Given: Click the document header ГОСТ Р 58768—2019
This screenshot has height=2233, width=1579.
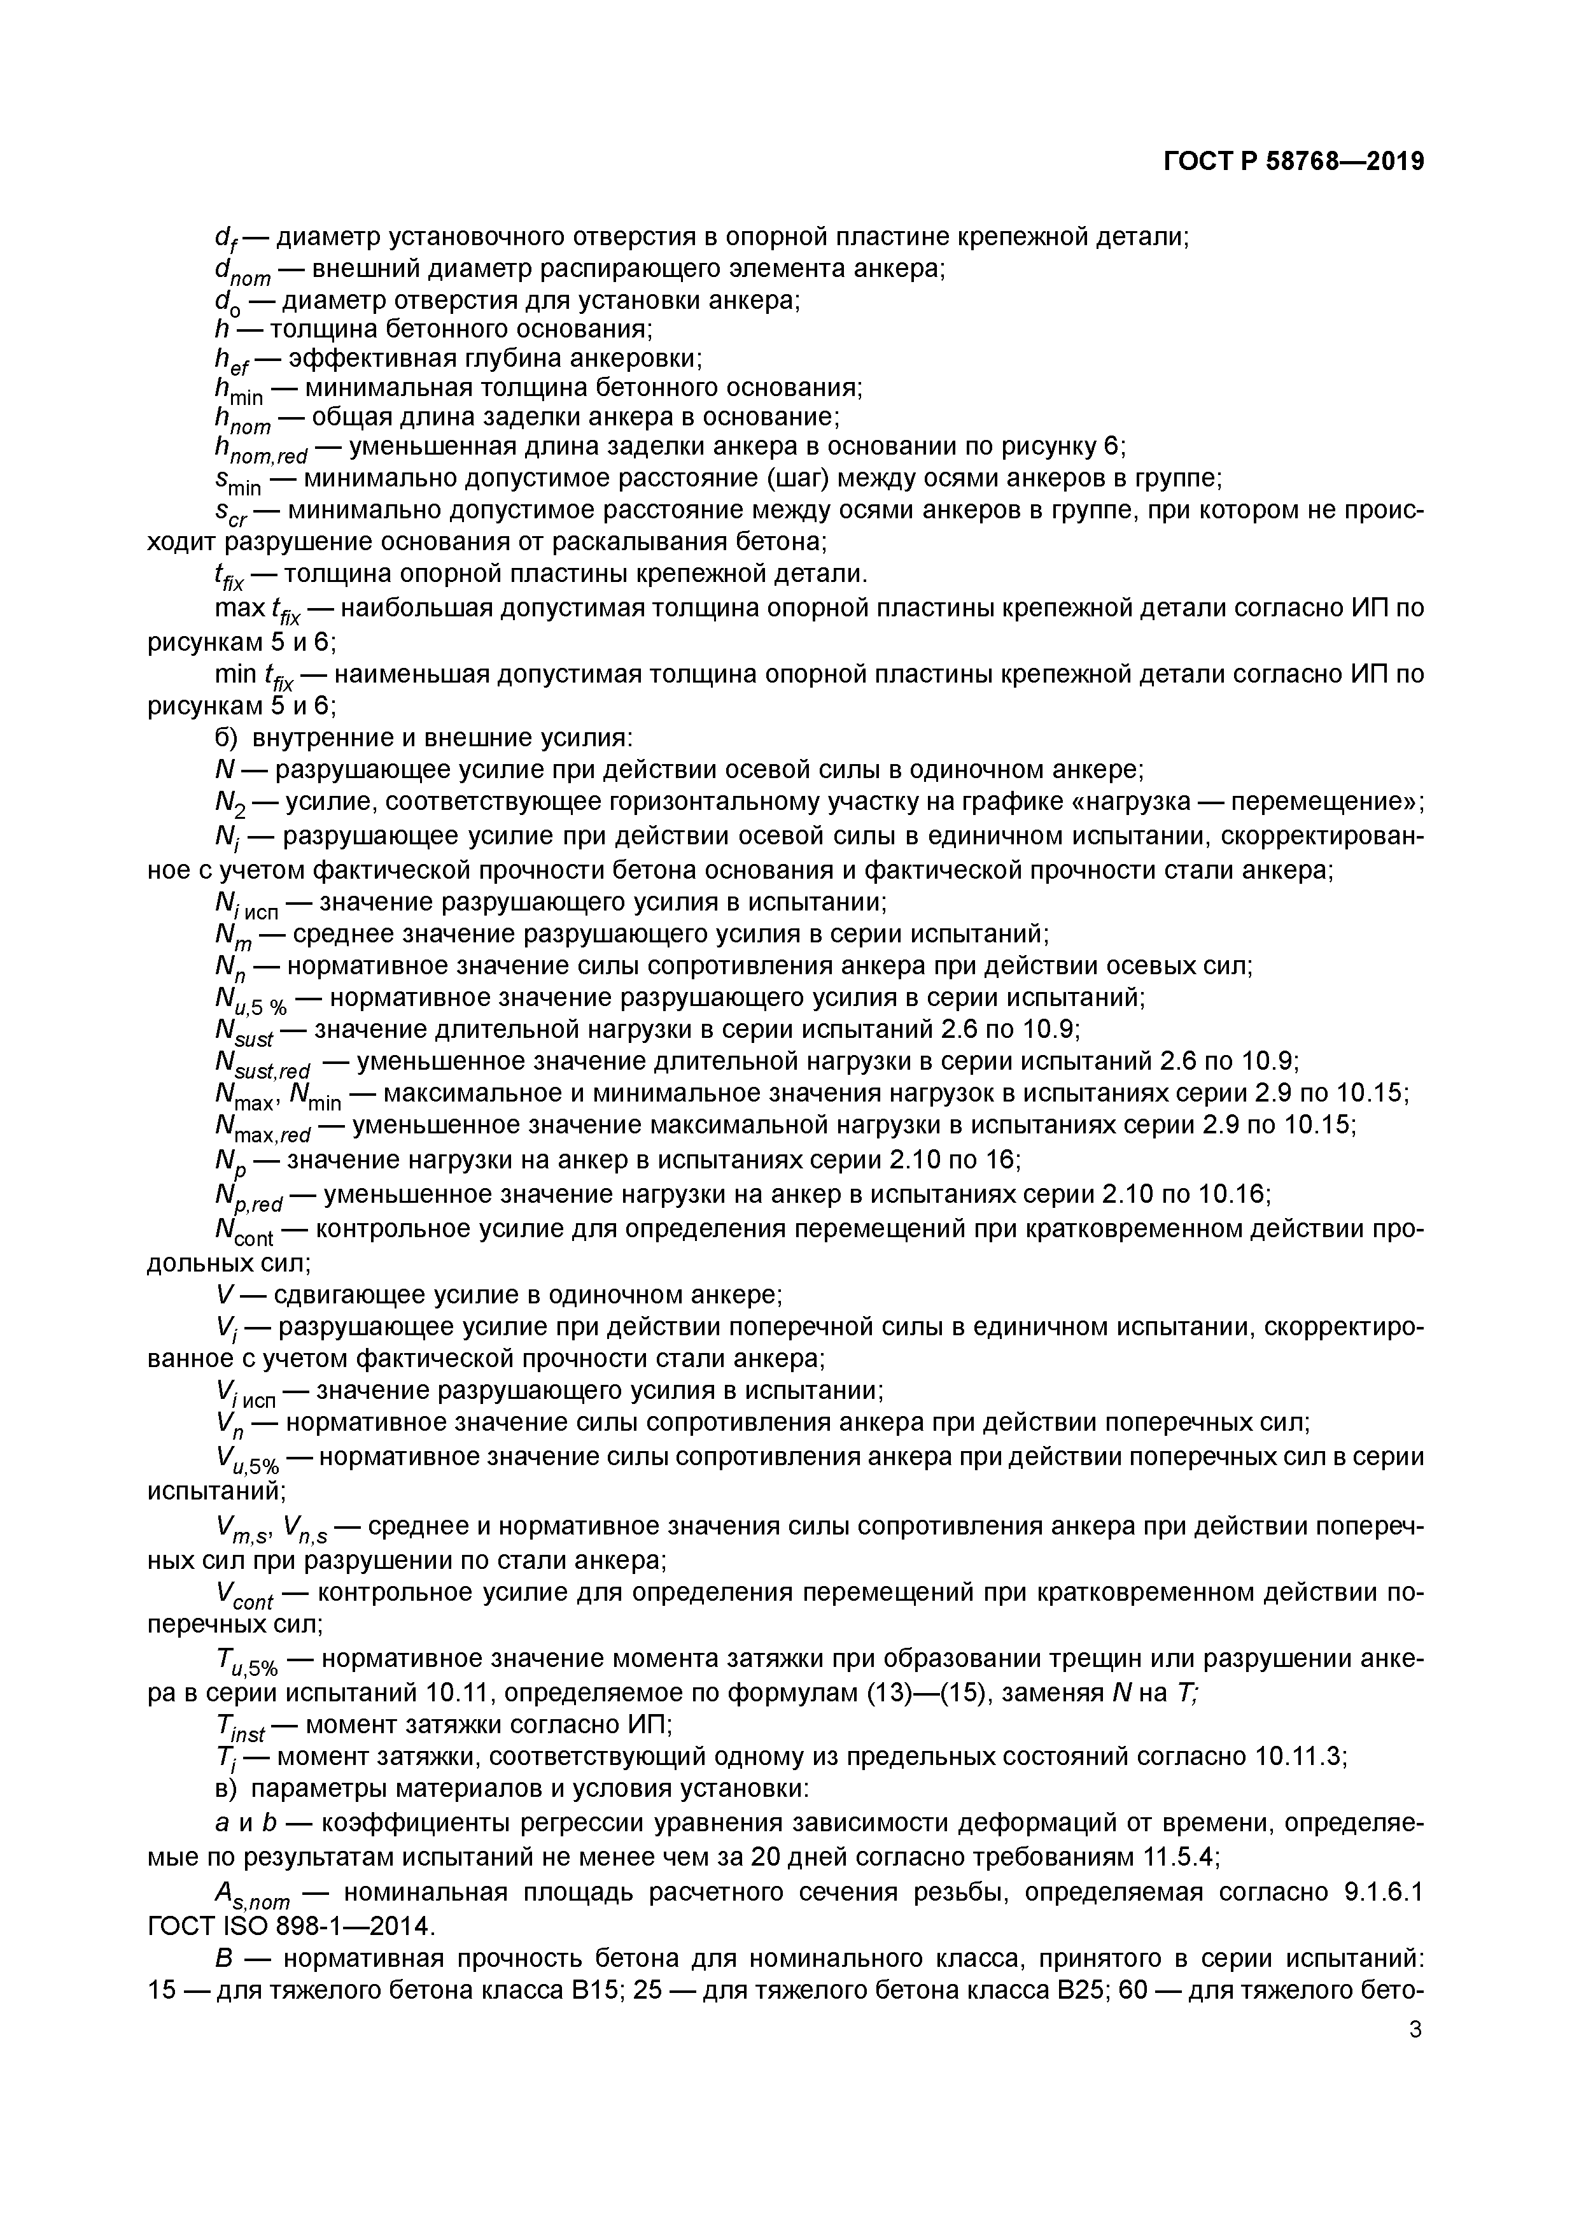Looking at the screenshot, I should tap(1294, 162).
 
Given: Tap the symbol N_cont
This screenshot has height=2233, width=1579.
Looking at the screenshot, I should tap(243, 1232).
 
